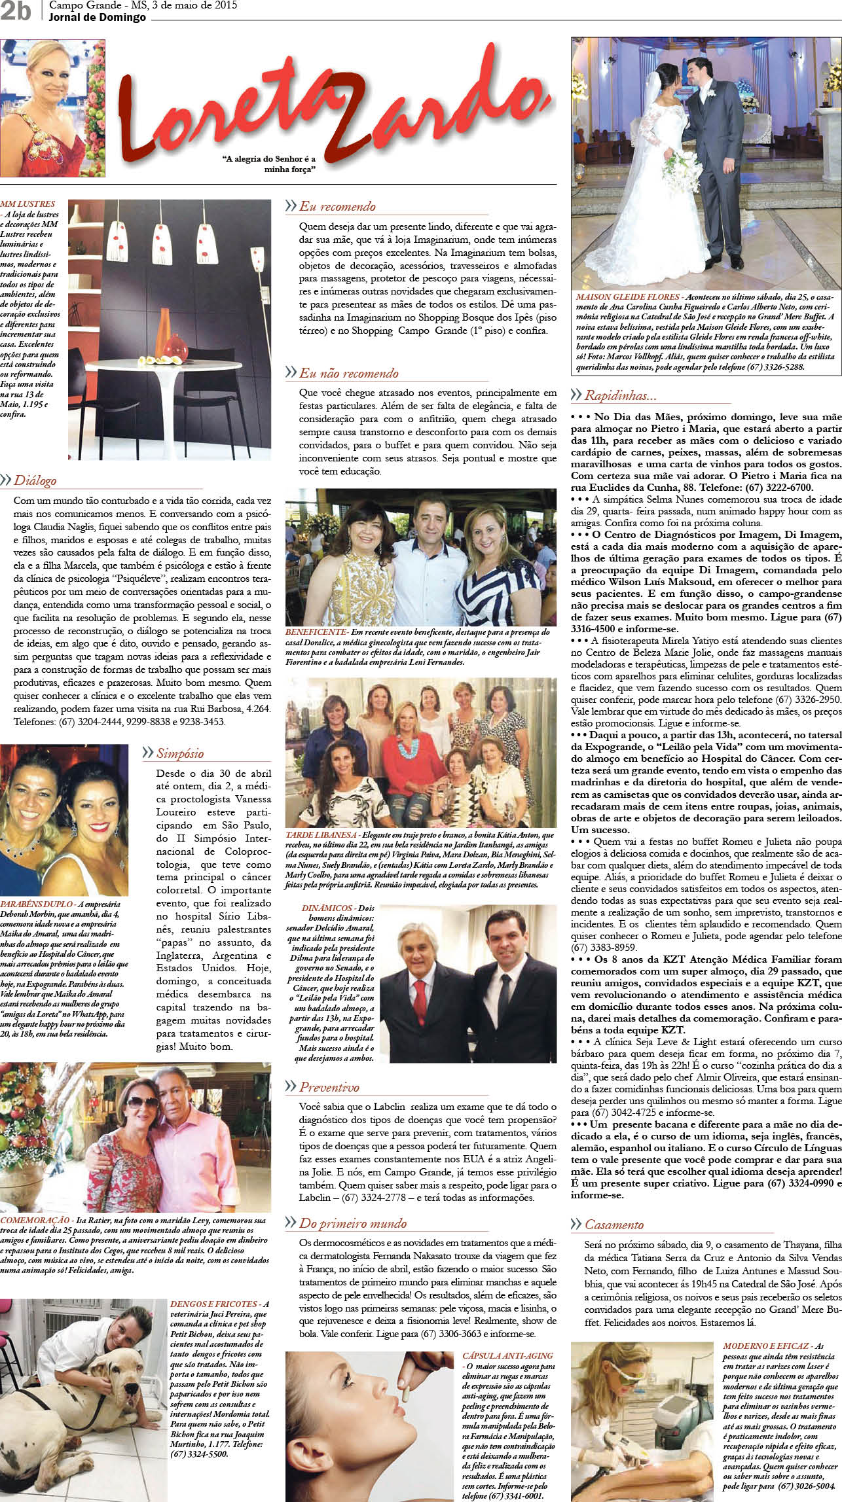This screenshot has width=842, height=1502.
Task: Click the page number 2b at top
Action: tap(15, 11)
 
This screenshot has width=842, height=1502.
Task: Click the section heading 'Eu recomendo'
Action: tap(337, 207)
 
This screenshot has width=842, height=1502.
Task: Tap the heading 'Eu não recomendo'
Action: tap(348, 374)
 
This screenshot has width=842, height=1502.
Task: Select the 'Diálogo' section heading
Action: tap(35, 480)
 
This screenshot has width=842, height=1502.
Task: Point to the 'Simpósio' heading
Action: tap(179, 753)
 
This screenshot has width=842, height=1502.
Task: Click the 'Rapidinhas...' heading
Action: tap(620, 395)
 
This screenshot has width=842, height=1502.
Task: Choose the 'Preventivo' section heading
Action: tap(329, 1087)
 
